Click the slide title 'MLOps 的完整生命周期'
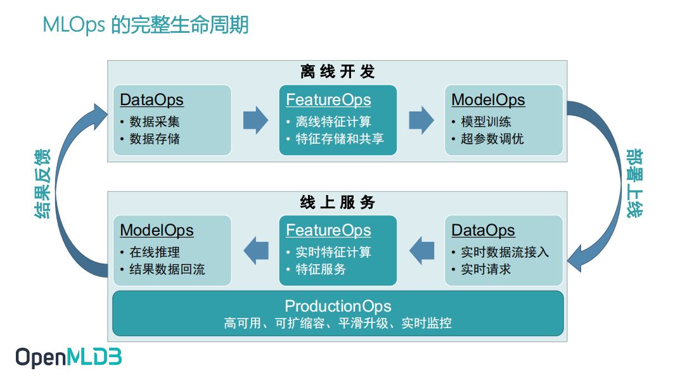(x=145, y=25)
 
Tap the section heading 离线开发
(x=337, y=72)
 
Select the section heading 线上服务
(x=337, y=202)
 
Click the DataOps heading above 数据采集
(x=151, y=100)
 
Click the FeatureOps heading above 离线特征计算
(x=328, y=100)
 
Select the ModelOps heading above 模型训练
(x=488, y=100)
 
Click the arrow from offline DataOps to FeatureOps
(x=255, y=120)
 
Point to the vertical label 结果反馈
(x=42, y=184)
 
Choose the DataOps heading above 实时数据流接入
(x=483, y=231)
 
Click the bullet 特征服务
(x=321, y=269)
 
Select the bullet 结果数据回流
(x=167, y=269)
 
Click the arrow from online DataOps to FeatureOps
(x=421, y=250)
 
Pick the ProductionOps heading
(x=338, y=307)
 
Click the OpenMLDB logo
(x=68, y=358)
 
